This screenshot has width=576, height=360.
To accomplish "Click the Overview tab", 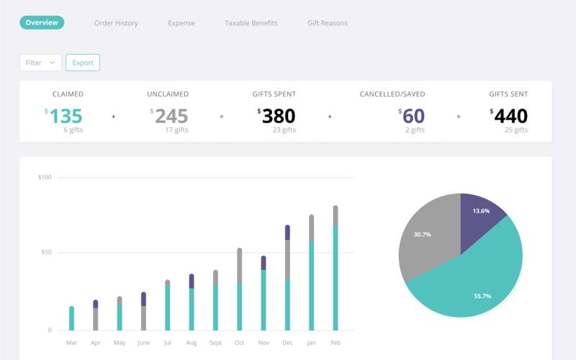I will tap(42, 23).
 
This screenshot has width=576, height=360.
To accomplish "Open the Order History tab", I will tap(116, 23).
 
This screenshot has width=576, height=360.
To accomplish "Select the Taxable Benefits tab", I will tap(251, 23).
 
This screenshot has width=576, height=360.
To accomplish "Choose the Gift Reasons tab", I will tap(328, 23).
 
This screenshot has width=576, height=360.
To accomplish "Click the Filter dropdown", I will tap(40, 63).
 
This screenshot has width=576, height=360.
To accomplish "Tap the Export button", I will tap(83, 63).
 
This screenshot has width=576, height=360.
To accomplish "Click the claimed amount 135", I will tap(66, 116).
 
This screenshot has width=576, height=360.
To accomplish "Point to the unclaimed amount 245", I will tap(171, 116).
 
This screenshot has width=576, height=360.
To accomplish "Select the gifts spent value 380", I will tap(279, 116).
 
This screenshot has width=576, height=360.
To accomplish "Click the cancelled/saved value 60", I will tap(413, 116).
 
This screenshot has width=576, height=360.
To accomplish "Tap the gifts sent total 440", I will tap(511, 116).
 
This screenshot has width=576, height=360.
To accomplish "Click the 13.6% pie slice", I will tap(481, 211).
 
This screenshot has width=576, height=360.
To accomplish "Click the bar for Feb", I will tap(336, 274).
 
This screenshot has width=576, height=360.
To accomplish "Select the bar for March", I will tap(72, 318).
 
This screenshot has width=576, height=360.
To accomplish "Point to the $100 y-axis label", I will tap(45, 177).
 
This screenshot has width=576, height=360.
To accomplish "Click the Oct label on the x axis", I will tap(240, 343).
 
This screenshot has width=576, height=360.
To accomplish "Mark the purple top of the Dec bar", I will tap(288, 232).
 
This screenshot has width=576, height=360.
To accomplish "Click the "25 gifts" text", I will tap(516, 130).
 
